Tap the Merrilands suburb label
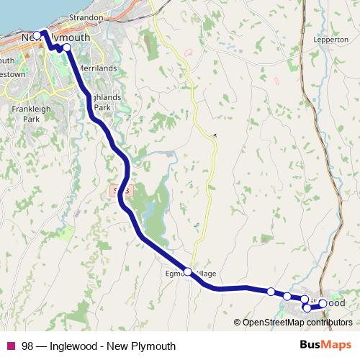[97, 68]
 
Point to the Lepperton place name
[331, 40]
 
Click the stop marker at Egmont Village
[188, 271]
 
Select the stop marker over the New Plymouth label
[37, 35]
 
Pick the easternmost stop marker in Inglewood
[323, 303]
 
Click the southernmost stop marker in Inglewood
[307, 308]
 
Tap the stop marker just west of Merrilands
[67, 48]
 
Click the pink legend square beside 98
[10, 346]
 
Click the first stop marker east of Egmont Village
[271, 292]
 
